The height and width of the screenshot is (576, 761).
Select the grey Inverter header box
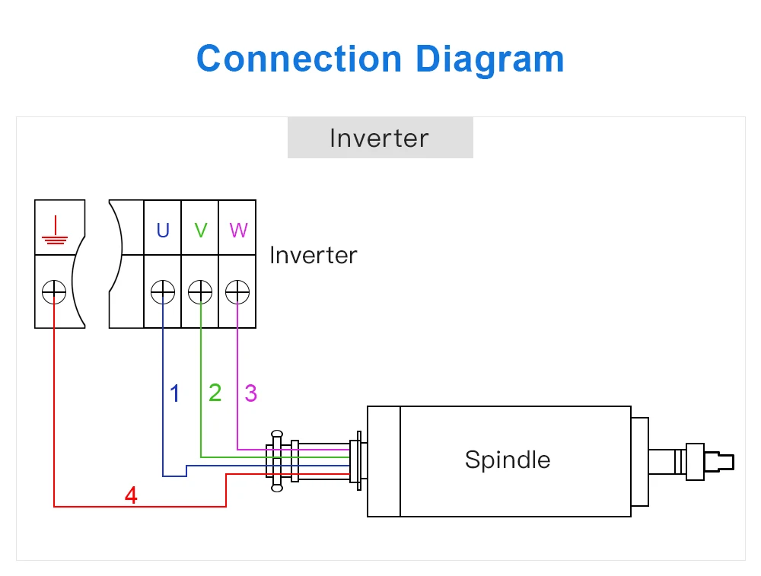pos(380,138)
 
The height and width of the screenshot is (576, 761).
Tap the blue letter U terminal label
pos(163,230)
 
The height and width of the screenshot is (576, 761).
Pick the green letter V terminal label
pos(201,230)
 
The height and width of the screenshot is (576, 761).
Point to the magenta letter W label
pos(238,230)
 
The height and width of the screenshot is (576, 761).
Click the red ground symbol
pos(54,230)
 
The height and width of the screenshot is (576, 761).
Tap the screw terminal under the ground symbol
pos(54,291)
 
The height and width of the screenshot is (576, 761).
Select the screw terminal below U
pos(163,291)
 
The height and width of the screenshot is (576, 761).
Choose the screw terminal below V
pos(200,291)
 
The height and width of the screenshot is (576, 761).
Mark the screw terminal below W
pos(237,291)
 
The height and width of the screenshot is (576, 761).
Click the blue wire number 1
pos(175,393)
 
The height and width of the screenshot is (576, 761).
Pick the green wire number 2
pos(215,393)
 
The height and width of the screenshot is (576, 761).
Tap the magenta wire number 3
pos(250,393)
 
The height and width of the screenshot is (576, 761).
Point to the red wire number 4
pos(131,496)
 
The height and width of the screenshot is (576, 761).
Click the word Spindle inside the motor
pos(507,460)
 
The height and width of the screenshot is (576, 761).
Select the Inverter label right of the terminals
pos(313,255)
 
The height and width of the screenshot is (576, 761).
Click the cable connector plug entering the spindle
pos(276,460)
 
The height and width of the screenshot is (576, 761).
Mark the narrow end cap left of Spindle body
pos(384,461)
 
